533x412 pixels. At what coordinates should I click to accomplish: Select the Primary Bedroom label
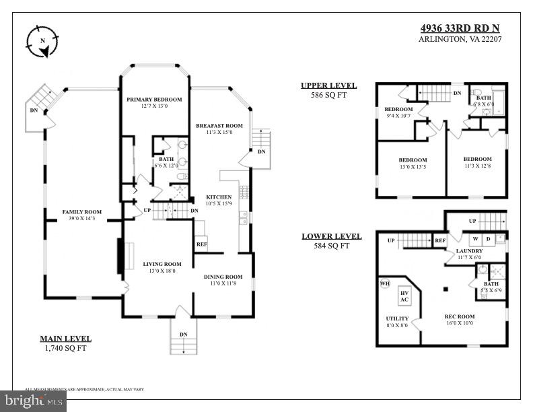(155, 99)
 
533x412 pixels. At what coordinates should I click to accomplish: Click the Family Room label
(81, 212)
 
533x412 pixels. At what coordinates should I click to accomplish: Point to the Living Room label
(162, 264)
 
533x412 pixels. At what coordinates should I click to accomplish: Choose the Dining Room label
(223, 277)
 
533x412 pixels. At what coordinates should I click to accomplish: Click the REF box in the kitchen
(201, 244)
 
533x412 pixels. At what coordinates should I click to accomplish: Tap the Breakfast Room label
(219, 126)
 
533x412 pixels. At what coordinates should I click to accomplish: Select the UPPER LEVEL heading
(328, 85)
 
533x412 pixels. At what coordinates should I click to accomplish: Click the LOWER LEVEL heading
(331, 236)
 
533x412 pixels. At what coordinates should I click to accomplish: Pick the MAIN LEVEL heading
(65, 339)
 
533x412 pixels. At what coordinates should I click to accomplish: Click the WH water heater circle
(384, 284)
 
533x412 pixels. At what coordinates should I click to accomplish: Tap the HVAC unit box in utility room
(404, 296)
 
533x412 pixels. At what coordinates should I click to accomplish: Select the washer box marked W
(474, 239)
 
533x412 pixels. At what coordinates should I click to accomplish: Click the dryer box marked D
(489, 239)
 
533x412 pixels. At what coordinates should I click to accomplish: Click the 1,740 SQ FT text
(65, 349)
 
